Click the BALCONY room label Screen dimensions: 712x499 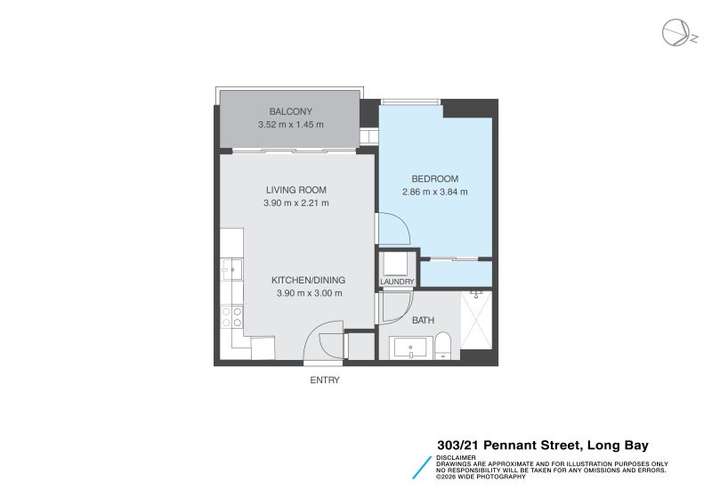click(x=291, y=111)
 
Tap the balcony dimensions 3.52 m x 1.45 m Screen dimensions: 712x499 click(x=291, y=125)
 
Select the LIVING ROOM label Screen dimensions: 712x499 click(x=296, y=190)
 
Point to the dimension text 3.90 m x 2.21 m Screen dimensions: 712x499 click(x=296, y=203)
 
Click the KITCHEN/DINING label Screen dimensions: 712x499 click(x=308, y=281)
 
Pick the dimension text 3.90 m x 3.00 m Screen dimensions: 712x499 click(x=309, y=293)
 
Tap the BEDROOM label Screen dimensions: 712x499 click(x=434, y=179)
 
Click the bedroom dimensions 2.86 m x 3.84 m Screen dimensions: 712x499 click(x=434, y=192)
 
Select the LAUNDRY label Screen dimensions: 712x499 click(x=397, y=282)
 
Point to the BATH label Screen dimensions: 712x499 click(x=424, y=321)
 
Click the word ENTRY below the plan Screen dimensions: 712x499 click(x=325, y=380)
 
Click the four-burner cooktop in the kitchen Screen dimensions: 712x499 click(x=231, y=316)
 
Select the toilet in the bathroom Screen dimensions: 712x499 click(x=442, y=346)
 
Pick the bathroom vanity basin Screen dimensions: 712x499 click(x=410, y=348)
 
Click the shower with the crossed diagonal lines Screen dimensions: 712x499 click(x=476, y=320)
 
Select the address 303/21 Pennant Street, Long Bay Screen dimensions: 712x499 click(x=543, y=446)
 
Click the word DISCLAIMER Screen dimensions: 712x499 click(x=456, y=458)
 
